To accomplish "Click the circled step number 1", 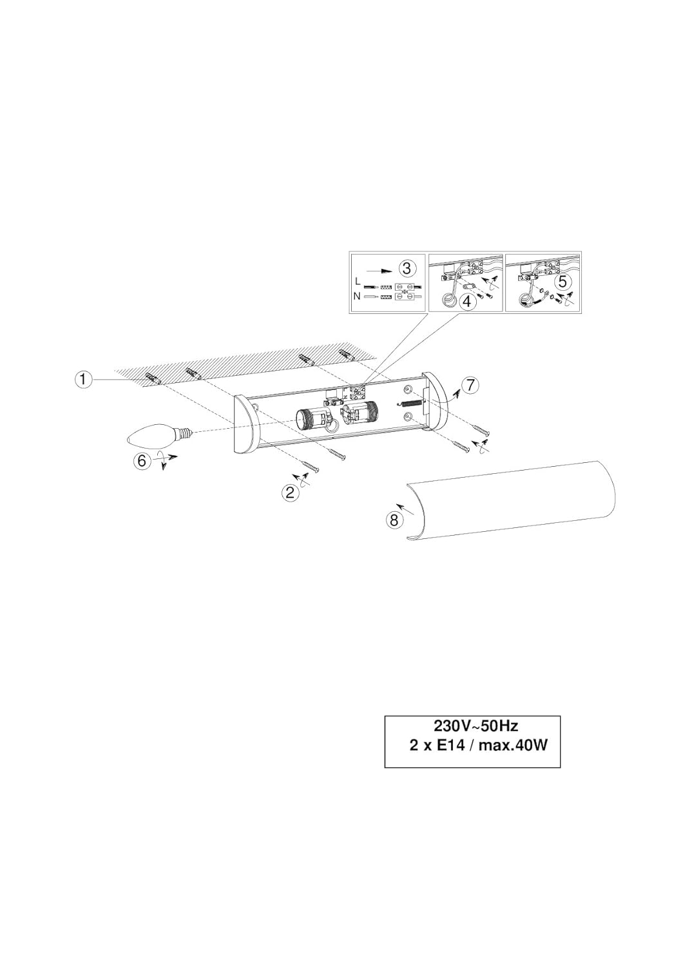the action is tap(82, 380).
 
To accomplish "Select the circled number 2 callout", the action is tap(291, 493).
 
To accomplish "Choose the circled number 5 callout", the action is tap(564, 282).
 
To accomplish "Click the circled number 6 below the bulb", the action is tap(142, 460).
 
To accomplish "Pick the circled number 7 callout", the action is tap(470, 386).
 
